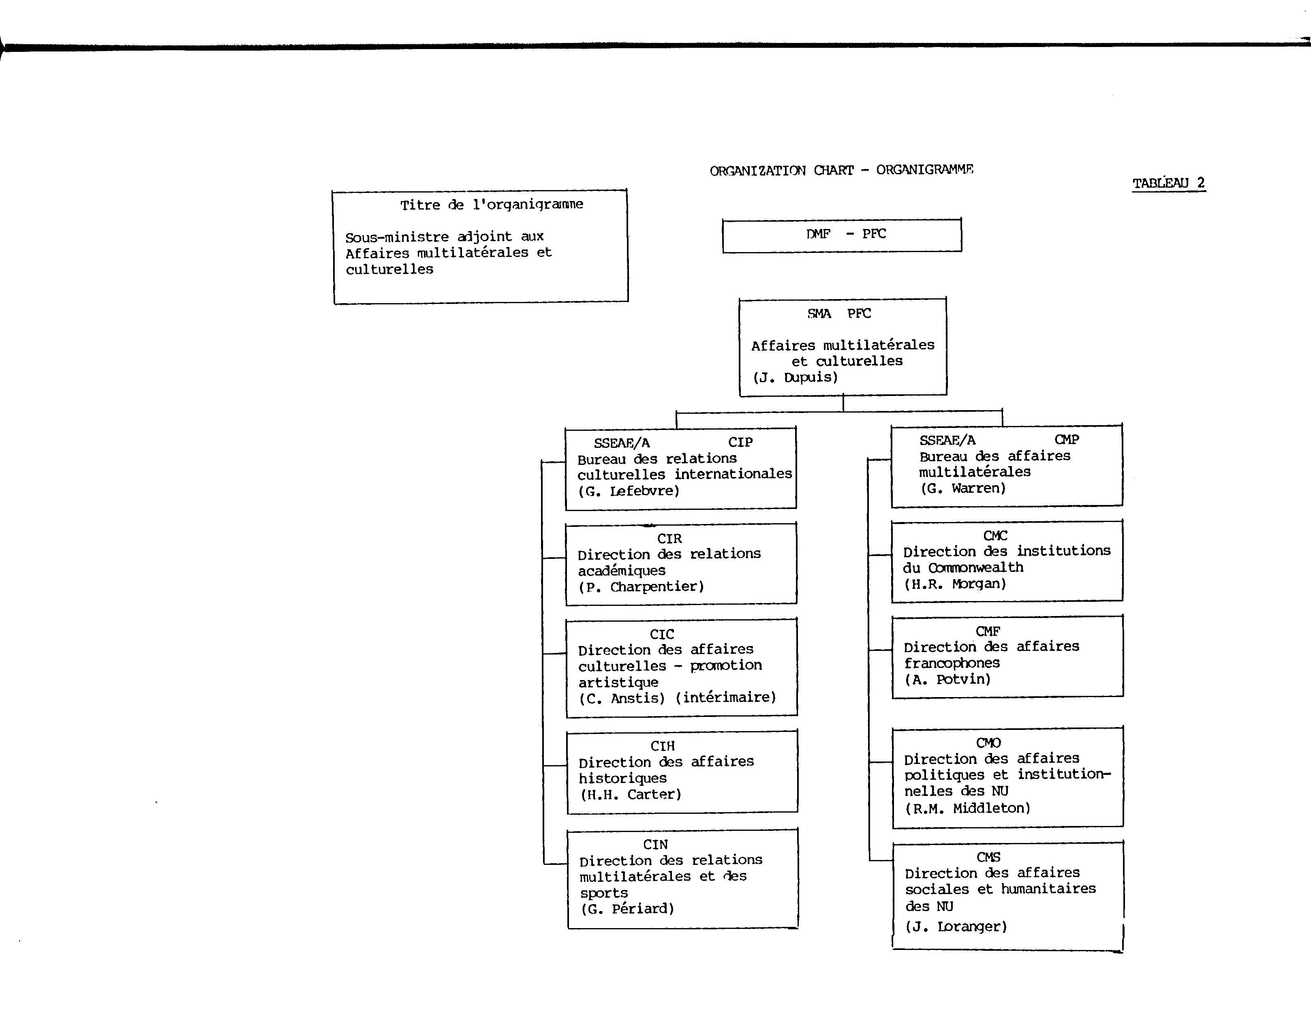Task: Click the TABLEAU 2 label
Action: point(1169,183)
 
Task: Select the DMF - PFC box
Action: point(842,235)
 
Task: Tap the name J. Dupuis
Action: point(795,378)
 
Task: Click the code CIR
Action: point(669,539)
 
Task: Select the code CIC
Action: point(662,634)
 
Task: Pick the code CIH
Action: point(663,746)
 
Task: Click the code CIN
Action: point(656,845)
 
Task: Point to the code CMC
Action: point(995,536)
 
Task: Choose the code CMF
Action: point(988,631)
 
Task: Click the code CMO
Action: point(989,743)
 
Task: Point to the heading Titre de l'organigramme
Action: point(492,205)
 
